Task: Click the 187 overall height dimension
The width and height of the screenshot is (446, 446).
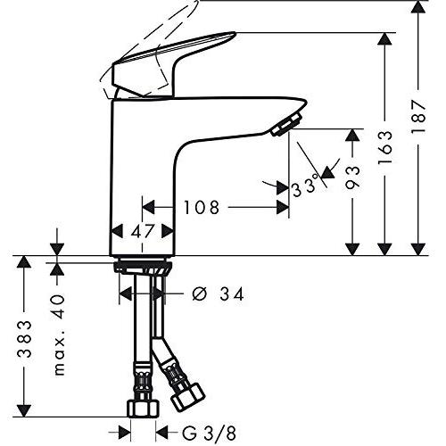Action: point(418,117)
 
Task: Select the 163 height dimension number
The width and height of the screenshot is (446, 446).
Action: point(385,148)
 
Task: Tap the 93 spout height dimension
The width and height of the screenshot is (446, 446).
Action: point(352,178)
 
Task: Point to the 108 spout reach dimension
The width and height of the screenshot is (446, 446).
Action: point(202,207)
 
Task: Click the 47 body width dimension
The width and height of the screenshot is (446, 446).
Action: point(143,231)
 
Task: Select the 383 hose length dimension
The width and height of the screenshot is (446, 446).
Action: point(24,339)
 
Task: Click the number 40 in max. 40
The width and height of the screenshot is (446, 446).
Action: point(57,307)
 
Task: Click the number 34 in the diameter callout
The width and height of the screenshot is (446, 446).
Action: point(232,294)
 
